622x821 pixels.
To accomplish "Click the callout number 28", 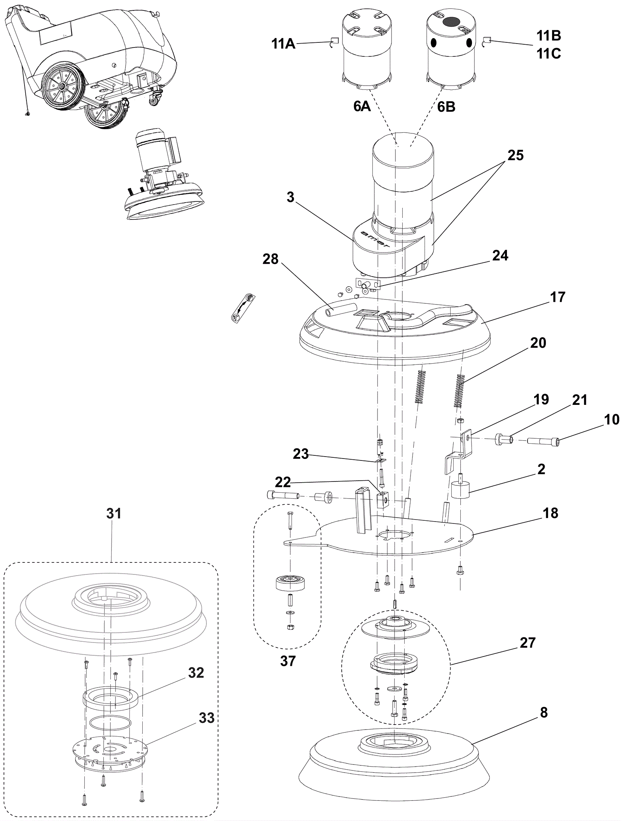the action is coord(271,259).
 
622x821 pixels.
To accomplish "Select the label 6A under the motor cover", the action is coord(362,106).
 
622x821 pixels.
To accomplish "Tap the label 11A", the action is coord(283,44).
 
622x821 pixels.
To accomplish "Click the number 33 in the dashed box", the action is coord(206,718).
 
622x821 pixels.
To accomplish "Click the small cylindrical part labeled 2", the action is coord(460,491).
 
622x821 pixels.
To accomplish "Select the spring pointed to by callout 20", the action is coord(460,390).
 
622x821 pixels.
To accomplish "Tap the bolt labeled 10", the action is coord(543,442).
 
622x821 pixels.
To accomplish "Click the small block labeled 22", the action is coord(383,500).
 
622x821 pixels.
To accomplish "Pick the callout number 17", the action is coord(557,297).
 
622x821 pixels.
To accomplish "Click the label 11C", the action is coord(549,54).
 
